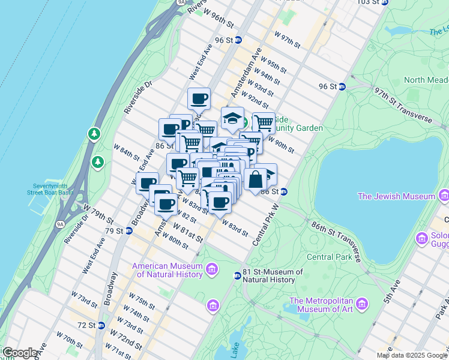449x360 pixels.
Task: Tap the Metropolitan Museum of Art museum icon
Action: [x=361, y=305]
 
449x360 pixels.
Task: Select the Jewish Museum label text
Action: [x=396, y=196]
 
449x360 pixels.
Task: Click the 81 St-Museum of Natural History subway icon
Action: [x=238, y=275]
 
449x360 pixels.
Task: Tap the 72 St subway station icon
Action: [x=101, y=326]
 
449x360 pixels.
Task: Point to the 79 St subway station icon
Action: [x=128, y=231]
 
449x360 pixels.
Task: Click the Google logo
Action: [x=19, y=353]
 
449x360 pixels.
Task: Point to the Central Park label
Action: [x=328, y=257]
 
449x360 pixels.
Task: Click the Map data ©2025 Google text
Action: [x=411, y=355]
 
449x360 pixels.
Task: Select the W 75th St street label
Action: [x=142, y=301]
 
